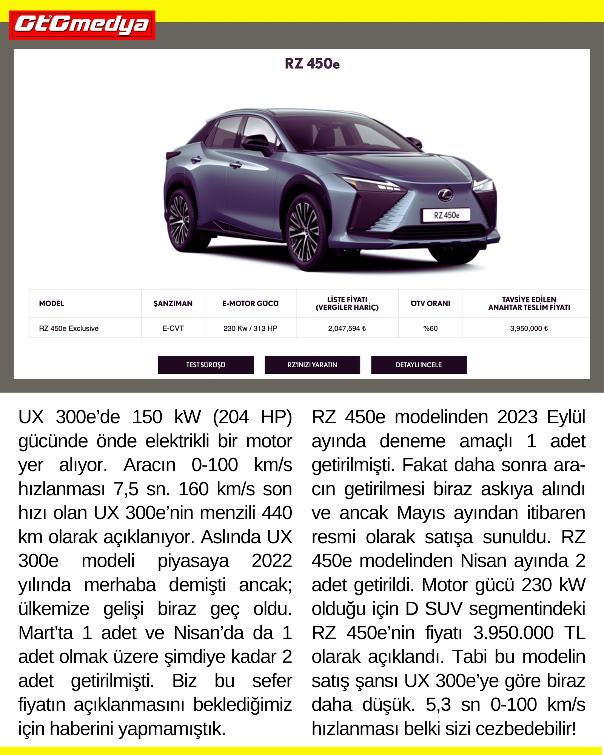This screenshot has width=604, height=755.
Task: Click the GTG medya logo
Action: [x=82, y=25]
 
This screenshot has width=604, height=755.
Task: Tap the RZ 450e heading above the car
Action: [x=312, y=63]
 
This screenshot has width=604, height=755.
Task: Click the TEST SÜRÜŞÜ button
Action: [x=206, y=365]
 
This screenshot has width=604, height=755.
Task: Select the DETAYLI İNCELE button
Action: [x=419, y=365]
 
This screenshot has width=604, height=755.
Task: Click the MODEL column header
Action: [x=52, y=304]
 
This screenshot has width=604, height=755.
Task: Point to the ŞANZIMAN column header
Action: [x=173, y=304]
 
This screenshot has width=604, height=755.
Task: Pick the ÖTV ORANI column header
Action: [x=430, y=304]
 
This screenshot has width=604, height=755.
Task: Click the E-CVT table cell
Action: [x=173, y=328]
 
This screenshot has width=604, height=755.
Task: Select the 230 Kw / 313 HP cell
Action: [x=250, y=328]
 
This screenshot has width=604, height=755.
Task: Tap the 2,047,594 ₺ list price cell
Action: [x=347, y=328]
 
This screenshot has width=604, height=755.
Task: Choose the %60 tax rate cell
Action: [x=430, y=328]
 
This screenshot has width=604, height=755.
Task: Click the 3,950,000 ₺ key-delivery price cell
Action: [x=529, y=328]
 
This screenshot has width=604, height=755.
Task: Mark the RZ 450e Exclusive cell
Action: [x=69, y=328]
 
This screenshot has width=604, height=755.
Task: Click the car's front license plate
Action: [x=446, y=215]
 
